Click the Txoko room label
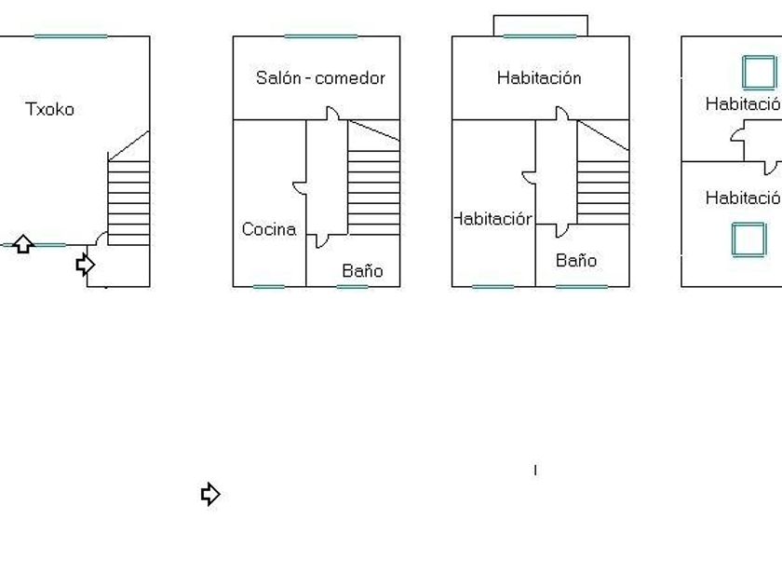(49, 109)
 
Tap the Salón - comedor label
(320, 78)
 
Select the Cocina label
(269, 229)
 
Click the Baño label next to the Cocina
(362, 271)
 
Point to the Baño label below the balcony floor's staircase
(576, 261)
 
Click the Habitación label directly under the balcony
(539, 78)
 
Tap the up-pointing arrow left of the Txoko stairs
(23, 245)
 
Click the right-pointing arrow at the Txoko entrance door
(85, 265)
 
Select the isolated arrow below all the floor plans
(210, 494)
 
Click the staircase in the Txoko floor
(128, 200)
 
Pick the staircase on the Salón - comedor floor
(373, 191)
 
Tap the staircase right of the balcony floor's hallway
(602, 191)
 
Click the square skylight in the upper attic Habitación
(759, 72)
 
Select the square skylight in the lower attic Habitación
(748, 239)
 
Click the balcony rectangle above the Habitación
(540, 25)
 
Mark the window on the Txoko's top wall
(71, 36)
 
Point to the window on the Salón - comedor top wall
(320, 36)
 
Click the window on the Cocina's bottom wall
(269, 286)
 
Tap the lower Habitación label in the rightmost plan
(743, 198)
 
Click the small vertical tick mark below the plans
(535, 470)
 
